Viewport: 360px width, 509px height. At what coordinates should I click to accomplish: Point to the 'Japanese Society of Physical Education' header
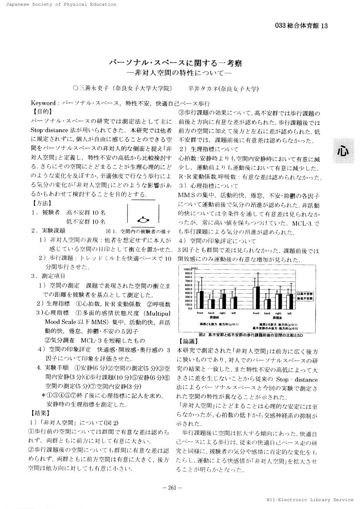pyautogui.click(x=58, y=4)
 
